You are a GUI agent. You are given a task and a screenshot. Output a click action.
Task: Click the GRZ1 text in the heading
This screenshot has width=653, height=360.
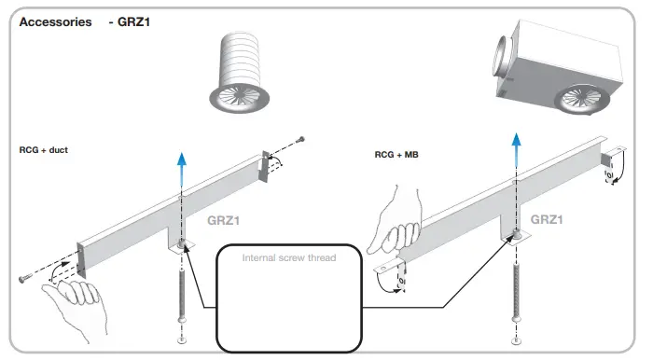(x=131, y=21)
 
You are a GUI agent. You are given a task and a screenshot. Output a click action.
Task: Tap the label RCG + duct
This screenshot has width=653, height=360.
(x=44, y=149)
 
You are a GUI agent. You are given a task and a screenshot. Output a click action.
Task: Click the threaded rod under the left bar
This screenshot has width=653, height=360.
(x=181, y=289)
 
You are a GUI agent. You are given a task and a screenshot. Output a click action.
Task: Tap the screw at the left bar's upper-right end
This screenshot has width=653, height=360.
(x=300, y=140)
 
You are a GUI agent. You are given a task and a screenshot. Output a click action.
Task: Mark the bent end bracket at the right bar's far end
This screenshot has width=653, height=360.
(x=612, y=164)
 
